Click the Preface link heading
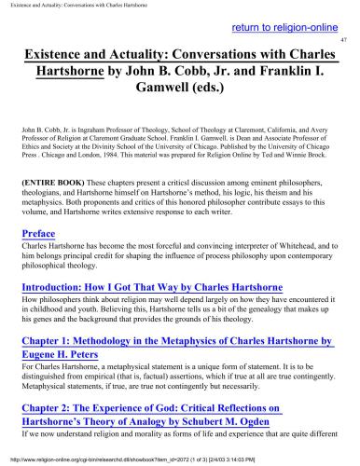(41, 233)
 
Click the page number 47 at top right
(343, 43)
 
